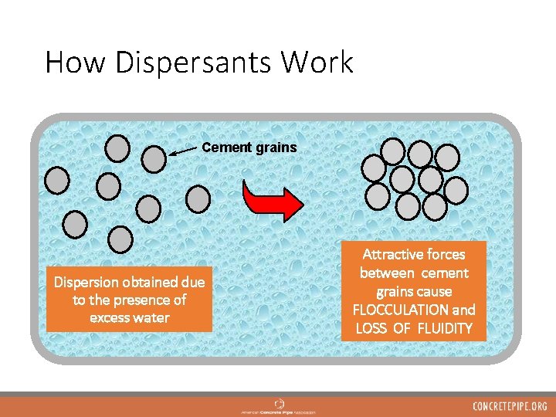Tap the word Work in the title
[x=324, y=63]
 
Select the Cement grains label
[x=249, y=147]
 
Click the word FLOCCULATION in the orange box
[x=395, y=310]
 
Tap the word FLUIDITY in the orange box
[x=445, y=328]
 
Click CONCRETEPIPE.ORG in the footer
[x=510, y=406]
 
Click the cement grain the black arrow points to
[x=154, y=159]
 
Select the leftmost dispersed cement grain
[x=57, y=180]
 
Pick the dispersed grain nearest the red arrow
[x=198, y=198]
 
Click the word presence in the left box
[x=147, y=300]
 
